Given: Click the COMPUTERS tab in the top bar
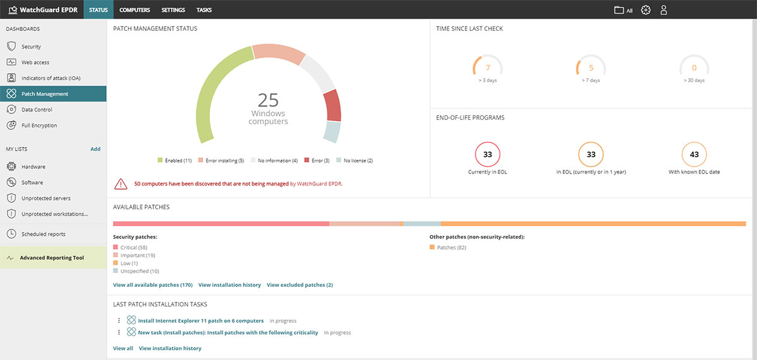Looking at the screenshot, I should pos(134,10).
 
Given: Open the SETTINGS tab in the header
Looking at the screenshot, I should pos(173,10).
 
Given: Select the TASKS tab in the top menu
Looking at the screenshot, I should pos(204,10).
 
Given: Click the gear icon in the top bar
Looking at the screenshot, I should pos(645,10).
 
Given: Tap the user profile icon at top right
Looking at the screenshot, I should pos(663,10).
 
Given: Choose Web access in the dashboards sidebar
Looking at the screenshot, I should pos(35,62).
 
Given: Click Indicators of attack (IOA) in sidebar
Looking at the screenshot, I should pos(50,78).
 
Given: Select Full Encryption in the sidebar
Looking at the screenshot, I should pos(39,125).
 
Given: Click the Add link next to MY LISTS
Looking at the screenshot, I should pos(95,149).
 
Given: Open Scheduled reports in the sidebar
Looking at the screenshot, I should pos(43,234).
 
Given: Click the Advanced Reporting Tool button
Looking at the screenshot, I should pos(52,258).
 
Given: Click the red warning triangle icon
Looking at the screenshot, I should pos(120,184).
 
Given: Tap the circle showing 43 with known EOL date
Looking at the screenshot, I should pos(694,154).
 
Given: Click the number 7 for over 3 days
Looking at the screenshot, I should pos(488,68).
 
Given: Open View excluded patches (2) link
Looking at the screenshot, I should pos(300,285).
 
